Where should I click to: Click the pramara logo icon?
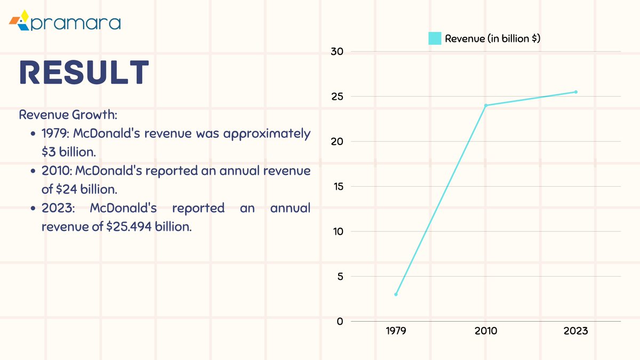pyautogui.click(x=19, y=20)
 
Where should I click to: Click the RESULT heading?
pyautogui.click(x=84, y=72)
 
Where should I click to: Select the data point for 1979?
pyautogui.click(x=396, y=294)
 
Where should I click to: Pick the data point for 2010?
pyautogui.click(x=486, y=106)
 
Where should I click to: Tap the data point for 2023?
pyautogui.click(x=575, y=92)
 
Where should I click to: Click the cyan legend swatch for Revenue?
pyautogui.click(x=435, y=38)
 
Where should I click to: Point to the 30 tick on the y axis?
pyautogui.click(x=337, y=52)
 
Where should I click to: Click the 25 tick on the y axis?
pyautogui.click(x=337, y=97)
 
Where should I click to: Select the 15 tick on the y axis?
pyautogui.click(x=338, y=187)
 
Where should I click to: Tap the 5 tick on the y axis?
pyautogui.click(x=340, y=277)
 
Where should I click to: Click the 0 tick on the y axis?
pyautogui.click(x=340, y=322)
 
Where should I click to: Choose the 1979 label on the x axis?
pyautogui.click(x=396, y=331)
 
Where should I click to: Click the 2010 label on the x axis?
pyautogui.click(x=486, y=331)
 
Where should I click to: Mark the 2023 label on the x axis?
pyautogui.click(x=575, y=331)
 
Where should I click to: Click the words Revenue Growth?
pyautogui.click(x=68, y=115)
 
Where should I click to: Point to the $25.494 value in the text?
pyautogui.click(x=129, y=227)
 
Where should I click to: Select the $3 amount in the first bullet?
pyautogui.click(x=49, y=152)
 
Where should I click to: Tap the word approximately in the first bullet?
pyautogui.click(x=267, y=134)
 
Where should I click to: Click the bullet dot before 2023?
pyautogui.click(x=33, y=209)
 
